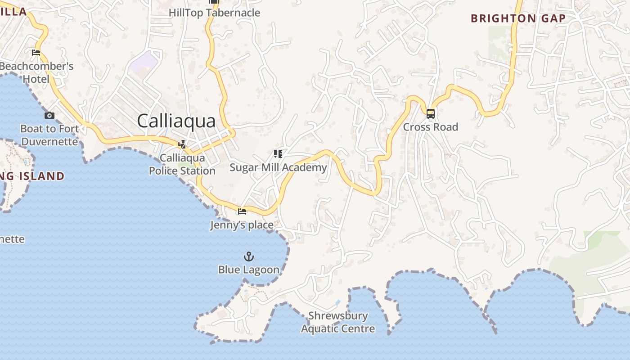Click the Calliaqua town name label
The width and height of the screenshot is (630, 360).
tap(176, 121)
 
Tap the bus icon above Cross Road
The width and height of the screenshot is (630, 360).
tap(431, 113)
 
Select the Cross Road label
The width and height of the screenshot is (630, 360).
tap(430, 127)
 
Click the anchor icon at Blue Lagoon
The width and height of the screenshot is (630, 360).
tap(249, 256)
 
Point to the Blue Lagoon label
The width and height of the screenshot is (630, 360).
tap(249, 270)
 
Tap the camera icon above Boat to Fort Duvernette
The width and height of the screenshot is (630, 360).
tap(49, 116)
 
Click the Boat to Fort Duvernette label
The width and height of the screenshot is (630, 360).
tap(49, 135)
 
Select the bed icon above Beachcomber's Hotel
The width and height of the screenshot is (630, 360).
tap(36, 53)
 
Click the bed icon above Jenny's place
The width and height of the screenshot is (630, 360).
tap(242, 211)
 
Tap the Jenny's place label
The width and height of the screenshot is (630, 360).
tap(242, 225)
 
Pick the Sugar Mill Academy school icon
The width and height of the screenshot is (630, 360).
tap(278, 154)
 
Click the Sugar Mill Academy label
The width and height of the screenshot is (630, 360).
tap(278, 167)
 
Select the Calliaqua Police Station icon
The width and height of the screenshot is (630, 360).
tap(182, 144)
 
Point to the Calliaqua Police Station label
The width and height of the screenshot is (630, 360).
tap(182, 164)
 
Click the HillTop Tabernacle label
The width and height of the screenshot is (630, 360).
tap(214, 13)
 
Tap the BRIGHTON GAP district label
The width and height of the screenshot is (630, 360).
tap(518, 18)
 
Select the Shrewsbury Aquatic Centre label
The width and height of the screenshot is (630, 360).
tap(338, 322)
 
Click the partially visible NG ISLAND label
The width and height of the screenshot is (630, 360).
tap(31, 176)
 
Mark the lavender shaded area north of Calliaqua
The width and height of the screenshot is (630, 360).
tap(144, 61)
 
